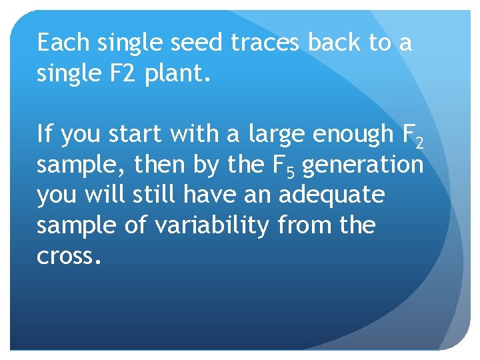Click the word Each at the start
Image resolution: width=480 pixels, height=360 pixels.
tap(64, 43)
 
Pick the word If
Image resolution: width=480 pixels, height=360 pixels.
tap(44, 135)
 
